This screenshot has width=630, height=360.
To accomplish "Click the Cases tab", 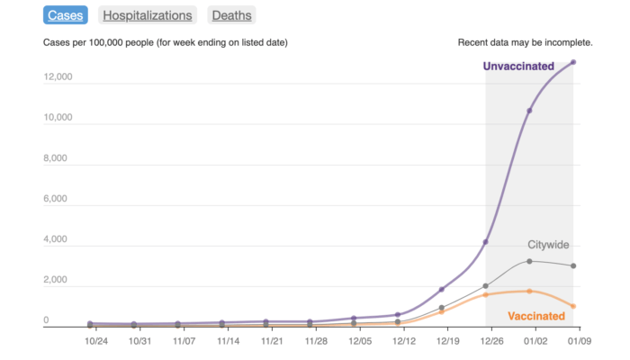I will (x=65, y=15).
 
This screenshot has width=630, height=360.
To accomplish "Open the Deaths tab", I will (x=231, y=15).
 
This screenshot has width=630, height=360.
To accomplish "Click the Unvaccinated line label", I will (x=524, y=66).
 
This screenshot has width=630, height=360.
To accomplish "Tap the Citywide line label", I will (x=549, y=245).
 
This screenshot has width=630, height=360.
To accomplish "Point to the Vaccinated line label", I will (x=536, y=316).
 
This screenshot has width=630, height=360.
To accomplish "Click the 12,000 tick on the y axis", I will (x=58, y=76).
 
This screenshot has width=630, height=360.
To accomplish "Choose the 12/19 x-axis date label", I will (x=448, y=341).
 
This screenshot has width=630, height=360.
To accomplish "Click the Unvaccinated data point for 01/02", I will (x=529, y=111).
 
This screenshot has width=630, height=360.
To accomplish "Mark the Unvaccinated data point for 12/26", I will (x=486, y=242).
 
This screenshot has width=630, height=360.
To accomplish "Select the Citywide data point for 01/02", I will (x=529, y=261).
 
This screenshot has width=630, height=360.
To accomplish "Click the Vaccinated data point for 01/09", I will (x=573, y=306).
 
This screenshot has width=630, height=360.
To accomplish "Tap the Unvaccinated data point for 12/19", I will (x=442, y=290).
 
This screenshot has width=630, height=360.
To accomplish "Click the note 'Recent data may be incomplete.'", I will (x=525, y=42).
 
